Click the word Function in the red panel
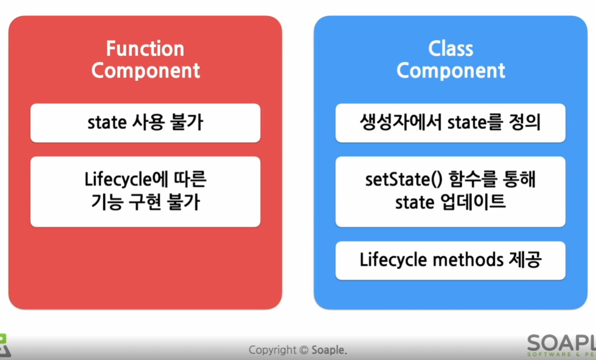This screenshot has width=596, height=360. [145, 49]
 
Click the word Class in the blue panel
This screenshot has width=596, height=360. [451, 49]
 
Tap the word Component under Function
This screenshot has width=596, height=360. [146, 71]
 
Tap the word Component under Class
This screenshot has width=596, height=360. [451, 71]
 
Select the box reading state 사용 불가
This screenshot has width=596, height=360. [145, 123]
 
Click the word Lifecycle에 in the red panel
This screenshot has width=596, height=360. [121, 179]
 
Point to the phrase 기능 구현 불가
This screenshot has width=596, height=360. [145, 201]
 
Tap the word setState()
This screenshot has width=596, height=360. [404, 179]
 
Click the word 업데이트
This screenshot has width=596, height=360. [473, 201]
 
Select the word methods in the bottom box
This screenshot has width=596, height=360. [468, 260]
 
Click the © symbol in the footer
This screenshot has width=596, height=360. [304, 350]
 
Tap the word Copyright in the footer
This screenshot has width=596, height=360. [273, 350]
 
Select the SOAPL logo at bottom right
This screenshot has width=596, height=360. [561, 345]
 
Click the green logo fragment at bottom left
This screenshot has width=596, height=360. [5, 345]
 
